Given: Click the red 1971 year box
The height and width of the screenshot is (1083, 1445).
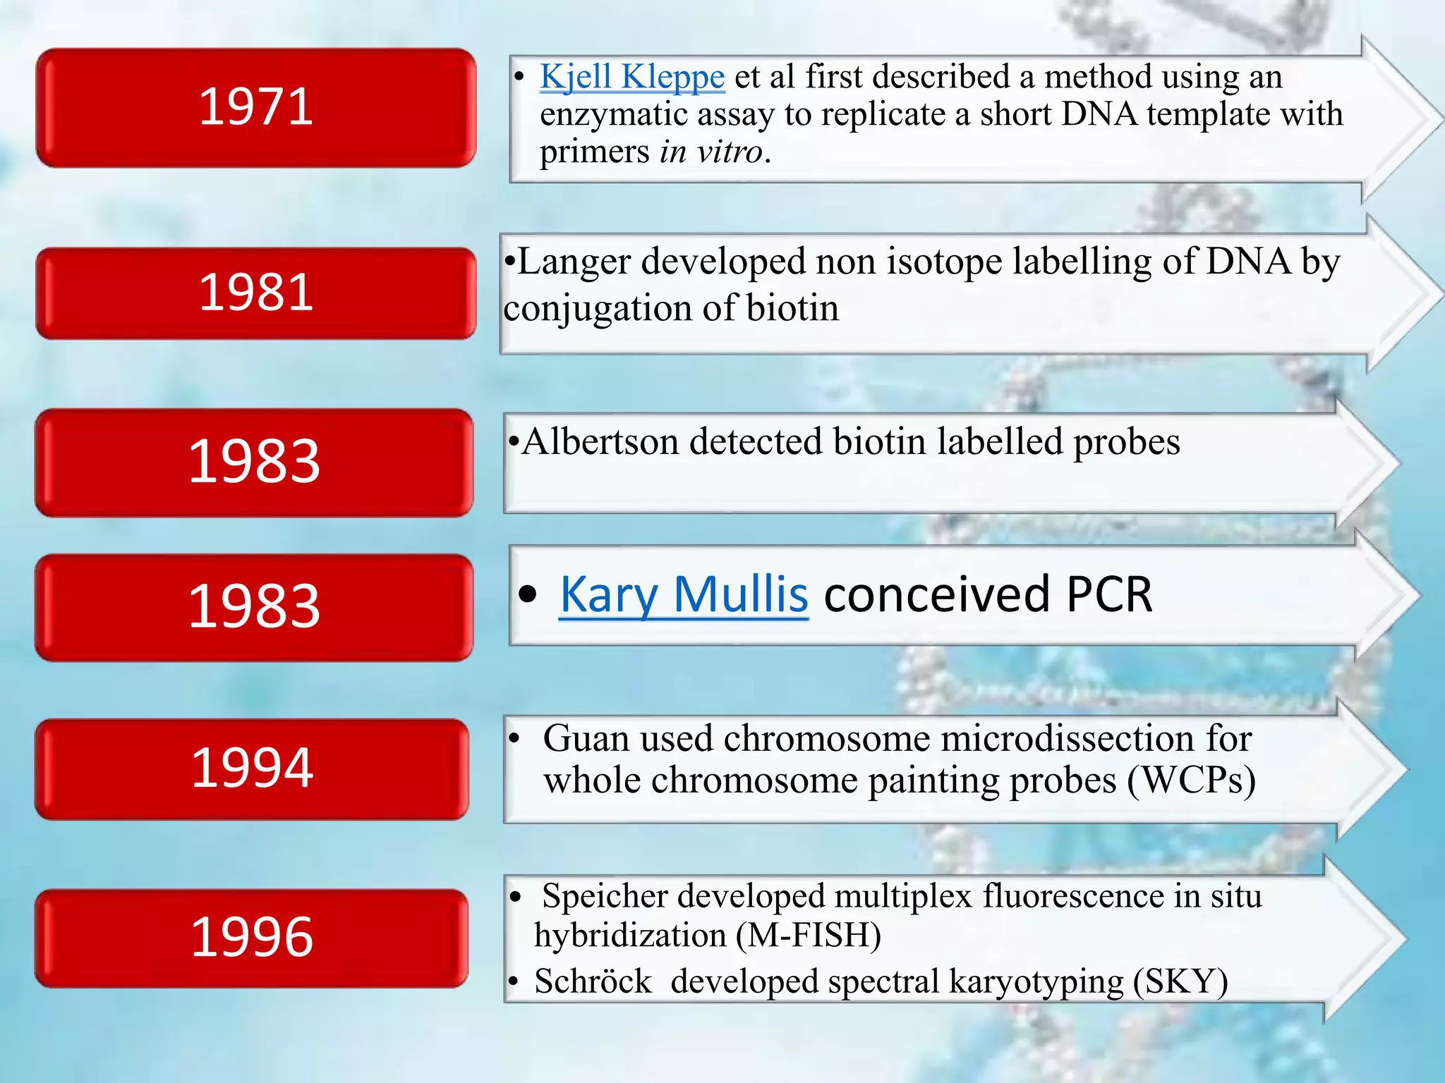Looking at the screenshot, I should [255, 108].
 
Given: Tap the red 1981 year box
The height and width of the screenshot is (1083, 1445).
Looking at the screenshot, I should [255, 293].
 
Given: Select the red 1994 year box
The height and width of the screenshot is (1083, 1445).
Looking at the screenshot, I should [252, 769].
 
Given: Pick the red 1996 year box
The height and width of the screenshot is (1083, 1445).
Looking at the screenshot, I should [252, 938].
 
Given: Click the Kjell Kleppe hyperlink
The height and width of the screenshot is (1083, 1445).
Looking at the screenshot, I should [631, 77].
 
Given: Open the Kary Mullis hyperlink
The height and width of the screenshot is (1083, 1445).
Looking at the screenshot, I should [683, 594].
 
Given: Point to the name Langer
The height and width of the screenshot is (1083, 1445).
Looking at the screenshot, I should [574, 262].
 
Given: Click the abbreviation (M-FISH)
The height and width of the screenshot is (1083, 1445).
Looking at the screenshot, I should [808, 936].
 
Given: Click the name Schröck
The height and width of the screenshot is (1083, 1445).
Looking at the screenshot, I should [593, 981].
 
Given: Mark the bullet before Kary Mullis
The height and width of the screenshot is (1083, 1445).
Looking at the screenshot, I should [527, 594].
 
